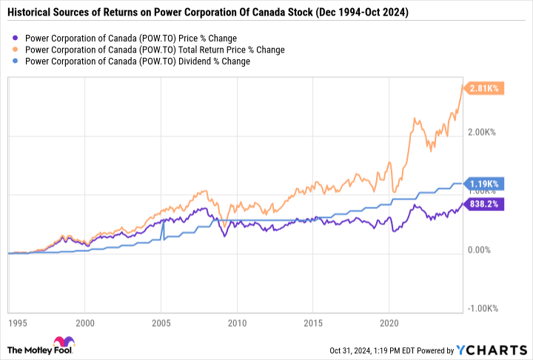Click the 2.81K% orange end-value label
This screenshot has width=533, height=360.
[485, 88]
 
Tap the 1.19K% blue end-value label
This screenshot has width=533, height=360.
[485, 183]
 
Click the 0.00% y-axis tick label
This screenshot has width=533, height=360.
[482, 250]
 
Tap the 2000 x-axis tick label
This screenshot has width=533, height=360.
[86, 323]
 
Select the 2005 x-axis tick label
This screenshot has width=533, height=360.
[161, 323]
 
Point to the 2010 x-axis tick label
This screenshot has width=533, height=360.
[237, 323]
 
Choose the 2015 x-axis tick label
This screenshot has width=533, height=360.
[313, 323]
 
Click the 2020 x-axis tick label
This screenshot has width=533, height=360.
[389, 323]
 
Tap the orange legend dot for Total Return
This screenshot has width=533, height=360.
[16, 50]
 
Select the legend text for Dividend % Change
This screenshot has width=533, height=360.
[137, 61]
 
